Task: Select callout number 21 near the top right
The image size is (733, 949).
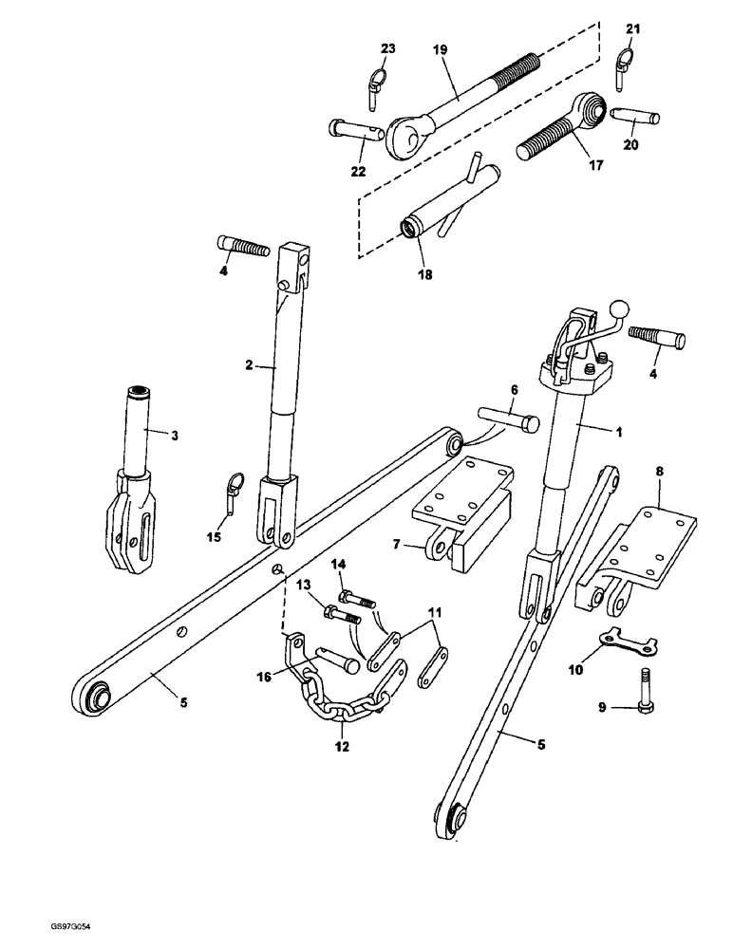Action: [x=633, y=29]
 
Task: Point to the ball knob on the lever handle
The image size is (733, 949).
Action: [x=618, y=308]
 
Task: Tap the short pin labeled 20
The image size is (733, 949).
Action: [x=630, y=118]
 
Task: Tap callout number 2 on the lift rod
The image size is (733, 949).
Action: [x=250, y=363]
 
